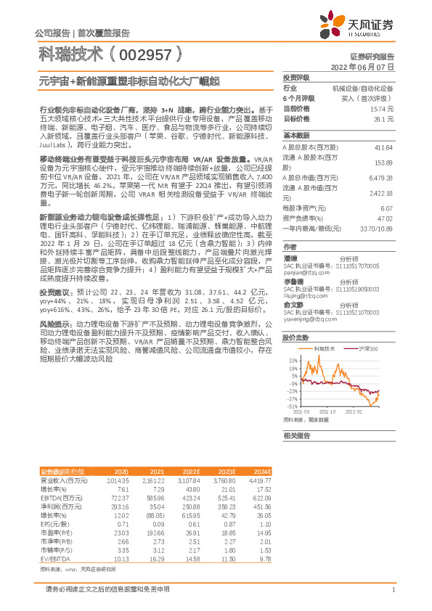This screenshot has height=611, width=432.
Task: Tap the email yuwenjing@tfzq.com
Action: click(x=306, y=318)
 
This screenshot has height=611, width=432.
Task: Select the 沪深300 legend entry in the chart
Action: click(x=367, y=348)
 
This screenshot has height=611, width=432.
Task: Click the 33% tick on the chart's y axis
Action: click(x=293, y=360)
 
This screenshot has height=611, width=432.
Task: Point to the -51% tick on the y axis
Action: click(x=292, y=407)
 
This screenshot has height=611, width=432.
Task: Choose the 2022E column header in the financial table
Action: click(x=192, y=472)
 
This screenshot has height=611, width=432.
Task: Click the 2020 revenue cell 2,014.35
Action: click(x=116, y=480)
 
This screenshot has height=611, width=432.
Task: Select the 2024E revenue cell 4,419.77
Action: click(x=260, y=480)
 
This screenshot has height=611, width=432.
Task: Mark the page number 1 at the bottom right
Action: click(x=393, y=590)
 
